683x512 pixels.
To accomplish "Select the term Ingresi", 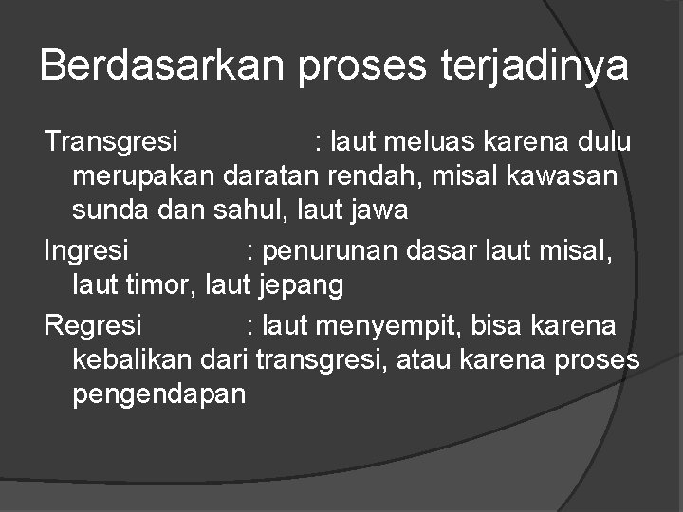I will [87, 251].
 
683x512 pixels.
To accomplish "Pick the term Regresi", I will [93, 326].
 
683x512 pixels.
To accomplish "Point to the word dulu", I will [602, 142].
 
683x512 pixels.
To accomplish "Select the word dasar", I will [439, 251].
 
